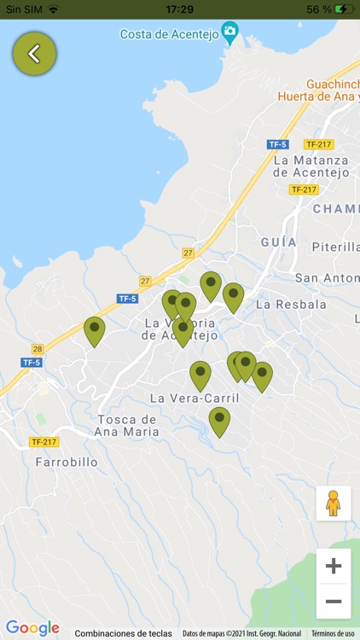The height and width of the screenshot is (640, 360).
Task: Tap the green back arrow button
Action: tap(34, 54)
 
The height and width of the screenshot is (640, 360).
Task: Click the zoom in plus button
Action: tap(334, 566)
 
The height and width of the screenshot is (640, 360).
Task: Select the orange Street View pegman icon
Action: tap(334, 503)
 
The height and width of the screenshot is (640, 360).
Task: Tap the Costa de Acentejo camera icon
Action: tap(229, 33)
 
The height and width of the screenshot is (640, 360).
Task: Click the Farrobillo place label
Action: tap(67, 463)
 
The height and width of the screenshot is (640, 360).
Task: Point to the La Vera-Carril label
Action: tap(195, 399)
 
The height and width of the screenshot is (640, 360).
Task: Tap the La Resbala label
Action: tap(291, 304)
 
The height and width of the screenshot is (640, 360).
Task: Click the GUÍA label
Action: tap(279, 242)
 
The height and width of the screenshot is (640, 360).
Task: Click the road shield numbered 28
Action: tap(38, 349)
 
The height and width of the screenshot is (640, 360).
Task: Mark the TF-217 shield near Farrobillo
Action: tap(44, 442)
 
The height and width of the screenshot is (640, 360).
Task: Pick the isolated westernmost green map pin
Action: tap(94, 329)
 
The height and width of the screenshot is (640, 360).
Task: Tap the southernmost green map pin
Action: tap(219, 420)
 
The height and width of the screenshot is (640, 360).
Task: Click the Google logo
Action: tap(32, 628)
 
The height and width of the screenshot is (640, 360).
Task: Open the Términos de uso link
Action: tap(333, 633)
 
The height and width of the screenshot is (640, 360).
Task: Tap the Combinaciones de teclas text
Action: tap(123, 633)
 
